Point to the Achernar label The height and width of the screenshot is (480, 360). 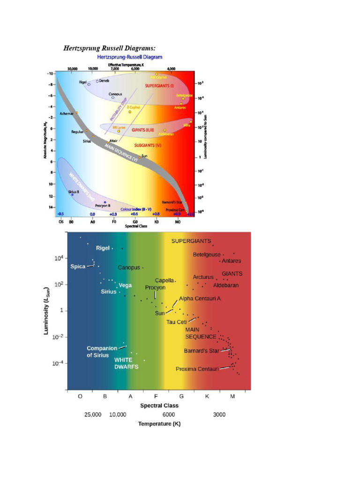point(67,113)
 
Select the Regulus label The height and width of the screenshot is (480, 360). point(77,132)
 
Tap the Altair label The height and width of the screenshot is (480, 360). point(113,140)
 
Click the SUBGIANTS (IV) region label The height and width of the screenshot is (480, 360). point(148,145)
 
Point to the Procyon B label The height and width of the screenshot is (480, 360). point(103,205)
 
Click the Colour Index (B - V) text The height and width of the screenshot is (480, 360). point(136,209)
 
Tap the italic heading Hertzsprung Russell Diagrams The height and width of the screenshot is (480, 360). point(109,48)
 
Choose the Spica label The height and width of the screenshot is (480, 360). point(78,266)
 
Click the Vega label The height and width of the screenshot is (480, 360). point(125,285)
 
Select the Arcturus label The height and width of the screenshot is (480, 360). point(203,277)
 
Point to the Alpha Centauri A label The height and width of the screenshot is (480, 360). point(200,298)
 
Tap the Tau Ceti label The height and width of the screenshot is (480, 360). point(177,322)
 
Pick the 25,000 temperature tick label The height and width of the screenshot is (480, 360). point(93,415)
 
